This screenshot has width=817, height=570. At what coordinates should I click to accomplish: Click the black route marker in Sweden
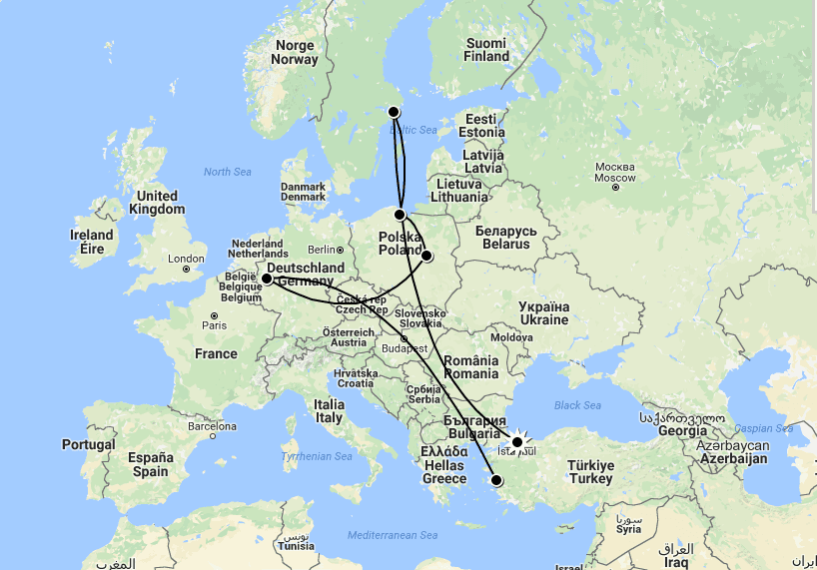pos(394,112)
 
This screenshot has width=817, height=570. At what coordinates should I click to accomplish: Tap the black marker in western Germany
pos(267,279)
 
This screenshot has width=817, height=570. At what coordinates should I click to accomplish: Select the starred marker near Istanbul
pos(517,441)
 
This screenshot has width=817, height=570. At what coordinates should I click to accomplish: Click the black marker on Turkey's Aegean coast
pos(497,481)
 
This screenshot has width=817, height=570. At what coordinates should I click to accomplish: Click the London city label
pos(187,259)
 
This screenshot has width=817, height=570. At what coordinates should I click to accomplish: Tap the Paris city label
pos(214,324)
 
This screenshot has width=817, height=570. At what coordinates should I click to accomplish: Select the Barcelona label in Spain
pos(212,426)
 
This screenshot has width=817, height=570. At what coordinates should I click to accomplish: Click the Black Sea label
pos(577,405)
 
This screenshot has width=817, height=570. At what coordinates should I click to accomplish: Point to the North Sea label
pos(227,172)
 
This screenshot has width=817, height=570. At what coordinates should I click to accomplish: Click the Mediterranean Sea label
pos(393,536)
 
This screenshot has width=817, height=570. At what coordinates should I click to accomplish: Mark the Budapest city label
pos(405,348)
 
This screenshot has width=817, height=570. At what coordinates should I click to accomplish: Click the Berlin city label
pos(320,249)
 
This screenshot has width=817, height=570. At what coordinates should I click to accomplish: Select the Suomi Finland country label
pos(486,50)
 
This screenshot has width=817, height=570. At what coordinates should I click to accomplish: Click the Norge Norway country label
pos(295,52)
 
